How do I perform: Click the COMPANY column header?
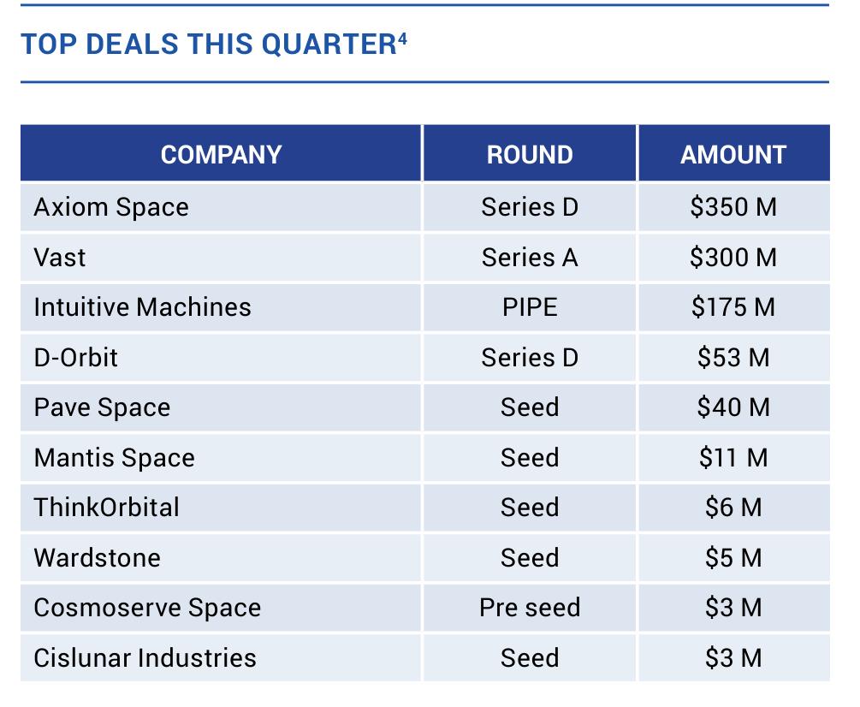[221, 155]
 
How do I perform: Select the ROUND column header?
[530, 155]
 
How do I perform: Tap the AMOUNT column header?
[733, 155]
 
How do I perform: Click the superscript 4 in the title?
[402, 39]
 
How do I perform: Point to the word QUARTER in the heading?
[329, 45]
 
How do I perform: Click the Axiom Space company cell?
[111, 207]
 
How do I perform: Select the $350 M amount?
[733, 207]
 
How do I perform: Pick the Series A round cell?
[530, 258]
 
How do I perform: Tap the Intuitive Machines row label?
[143, 307]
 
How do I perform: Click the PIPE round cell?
[530, 307]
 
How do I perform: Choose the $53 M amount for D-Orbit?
[733, 358]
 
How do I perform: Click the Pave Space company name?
[102, 407]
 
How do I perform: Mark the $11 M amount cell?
[733, 457]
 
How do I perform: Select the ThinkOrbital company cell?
[106, 508]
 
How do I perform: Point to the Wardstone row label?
[97, 558]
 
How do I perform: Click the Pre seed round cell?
[530, 608]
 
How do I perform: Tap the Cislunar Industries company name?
[145, 657]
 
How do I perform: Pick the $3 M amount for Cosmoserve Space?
[733, 608]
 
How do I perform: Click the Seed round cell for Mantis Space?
[530, 457]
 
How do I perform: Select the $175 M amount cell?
[733, 307]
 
